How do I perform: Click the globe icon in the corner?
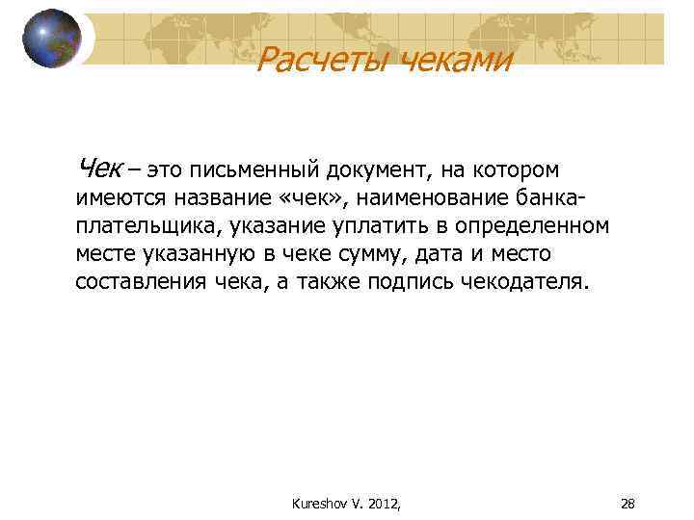pos(52,39)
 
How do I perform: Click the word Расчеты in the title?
pos(311,62)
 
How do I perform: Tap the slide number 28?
pos(627,503)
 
